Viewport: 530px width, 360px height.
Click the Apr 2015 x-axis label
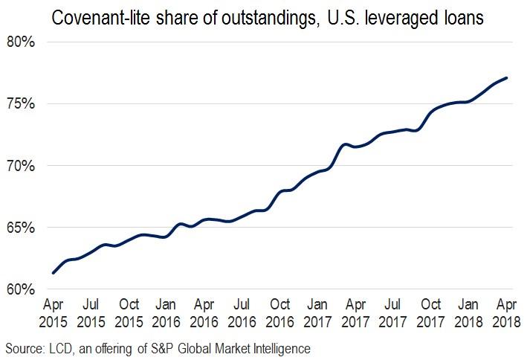(53, 314)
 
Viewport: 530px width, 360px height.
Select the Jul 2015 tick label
(91, 314)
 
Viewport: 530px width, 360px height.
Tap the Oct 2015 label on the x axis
(129, 314)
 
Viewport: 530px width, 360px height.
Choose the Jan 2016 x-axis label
(167, 314)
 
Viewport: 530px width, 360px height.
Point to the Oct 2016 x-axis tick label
(279, 314)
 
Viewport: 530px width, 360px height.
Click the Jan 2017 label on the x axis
(317, 314)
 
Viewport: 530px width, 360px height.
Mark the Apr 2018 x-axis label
(507, 314)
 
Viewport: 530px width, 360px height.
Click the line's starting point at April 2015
(53, 273)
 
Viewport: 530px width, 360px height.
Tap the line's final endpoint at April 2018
(507, 77)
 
